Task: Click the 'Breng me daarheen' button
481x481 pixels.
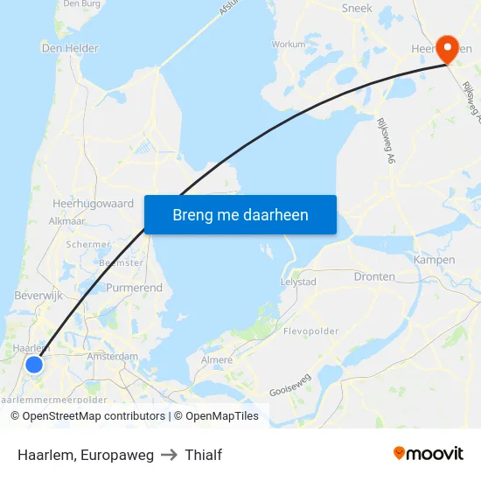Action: pos(240,214)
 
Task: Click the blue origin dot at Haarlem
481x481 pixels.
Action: pos(34,364)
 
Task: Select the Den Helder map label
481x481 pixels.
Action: pos(63,48)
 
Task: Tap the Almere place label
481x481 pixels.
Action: pos(218,359)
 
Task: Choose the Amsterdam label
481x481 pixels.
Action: pos(113,357)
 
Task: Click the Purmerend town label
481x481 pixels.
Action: pos(134,288)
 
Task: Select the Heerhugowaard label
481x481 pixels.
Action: pos(93,204)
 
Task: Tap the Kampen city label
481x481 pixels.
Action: pos(434,260)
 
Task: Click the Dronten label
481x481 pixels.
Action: pos(374,276)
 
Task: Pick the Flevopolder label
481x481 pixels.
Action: pos(310,331)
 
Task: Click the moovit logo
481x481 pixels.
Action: pos(428,453)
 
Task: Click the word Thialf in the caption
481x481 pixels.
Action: pos(203,455)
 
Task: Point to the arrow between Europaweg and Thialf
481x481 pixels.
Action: pos(169,455)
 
